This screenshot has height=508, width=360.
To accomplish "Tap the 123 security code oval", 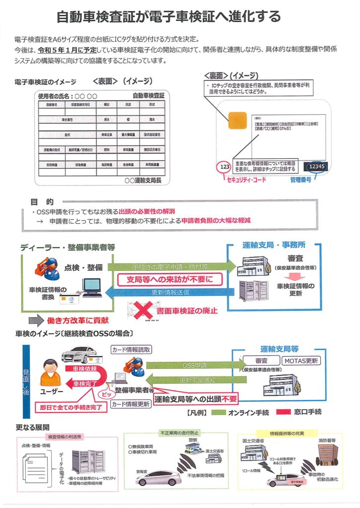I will [225, 167].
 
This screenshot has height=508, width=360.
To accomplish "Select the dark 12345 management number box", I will [316, 167].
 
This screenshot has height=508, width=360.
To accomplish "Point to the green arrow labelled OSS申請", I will [191, 366].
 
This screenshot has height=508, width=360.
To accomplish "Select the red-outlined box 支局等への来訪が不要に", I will [168, 279].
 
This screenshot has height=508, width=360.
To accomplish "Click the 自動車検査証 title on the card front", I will [148, 95].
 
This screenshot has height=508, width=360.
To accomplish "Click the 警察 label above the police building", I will [193, 441].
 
